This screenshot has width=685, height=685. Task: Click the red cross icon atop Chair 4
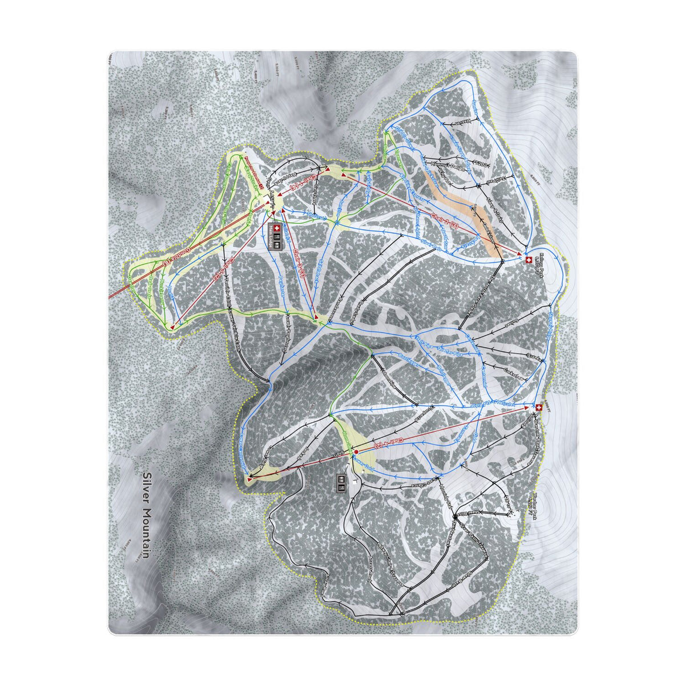(x=539, y=406)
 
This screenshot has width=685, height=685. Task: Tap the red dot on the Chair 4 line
(x=356, y=451)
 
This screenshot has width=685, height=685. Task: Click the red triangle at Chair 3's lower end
(x=315, y=316)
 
